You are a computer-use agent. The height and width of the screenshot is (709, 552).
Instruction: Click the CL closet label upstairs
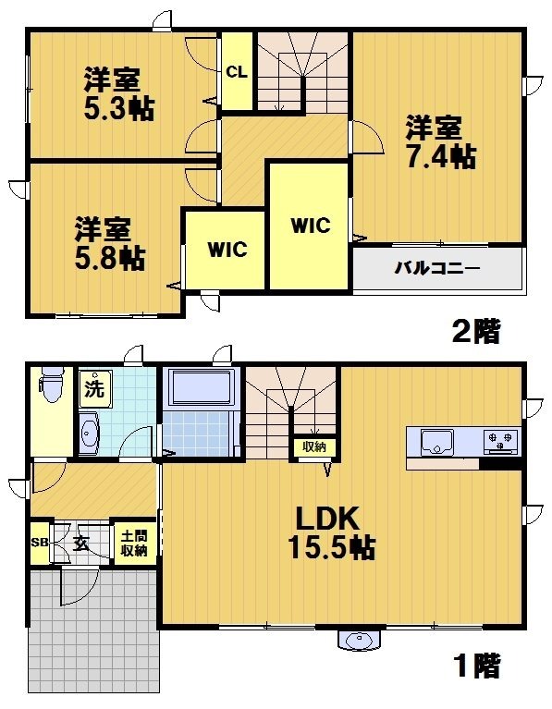236,72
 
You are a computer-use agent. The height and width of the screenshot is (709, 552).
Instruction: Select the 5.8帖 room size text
109,257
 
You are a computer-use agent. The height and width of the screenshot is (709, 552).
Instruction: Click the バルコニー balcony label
438,269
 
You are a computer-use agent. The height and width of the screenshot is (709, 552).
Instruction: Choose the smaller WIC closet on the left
226,249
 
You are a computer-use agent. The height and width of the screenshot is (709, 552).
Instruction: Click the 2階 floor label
475,331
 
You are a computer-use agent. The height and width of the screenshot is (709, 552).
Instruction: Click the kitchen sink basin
433,443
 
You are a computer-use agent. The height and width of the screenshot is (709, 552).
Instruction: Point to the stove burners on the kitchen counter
500,441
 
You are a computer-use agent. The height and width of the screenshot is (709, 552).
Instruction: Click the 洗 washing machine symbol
95,387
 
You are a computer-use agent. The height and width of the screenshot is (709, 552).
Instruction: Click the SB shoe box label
39,543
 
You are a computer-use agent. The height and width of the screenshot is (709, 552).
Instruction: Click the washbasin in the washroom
90,433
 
